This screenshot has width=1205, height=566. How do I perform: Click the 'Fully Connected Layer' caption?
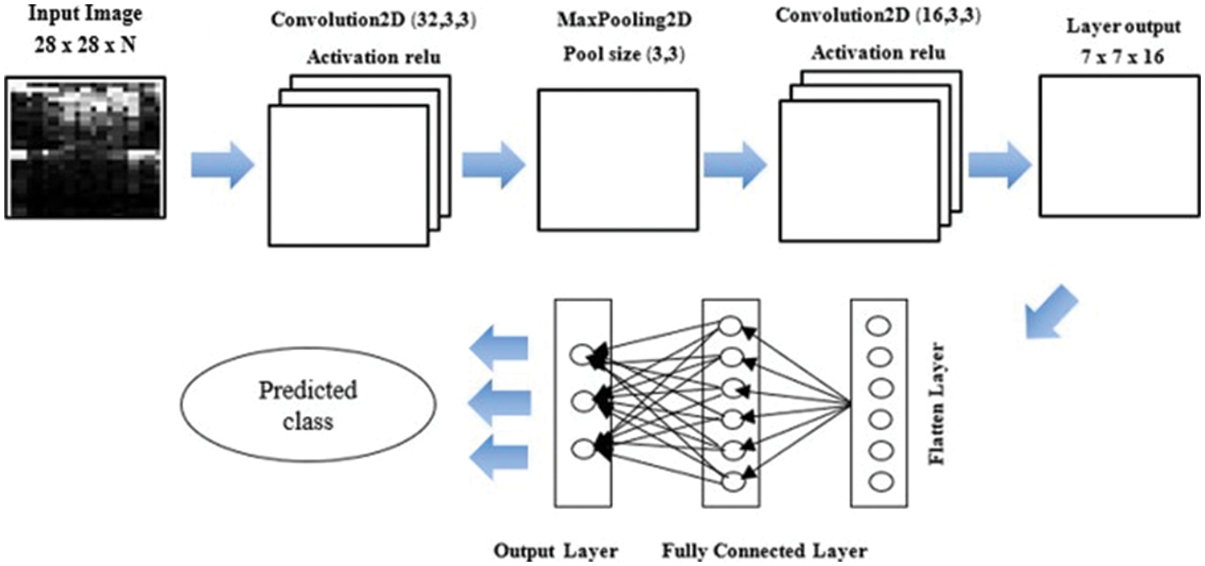[765, 552]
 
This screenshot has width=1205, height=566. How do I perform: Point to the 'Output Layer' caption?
[555, 552]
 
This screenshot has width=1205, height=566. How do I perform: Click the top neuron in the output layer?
[579, 354]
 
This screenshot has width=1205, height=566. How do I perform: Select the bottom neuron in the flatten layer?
[878, 483]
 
